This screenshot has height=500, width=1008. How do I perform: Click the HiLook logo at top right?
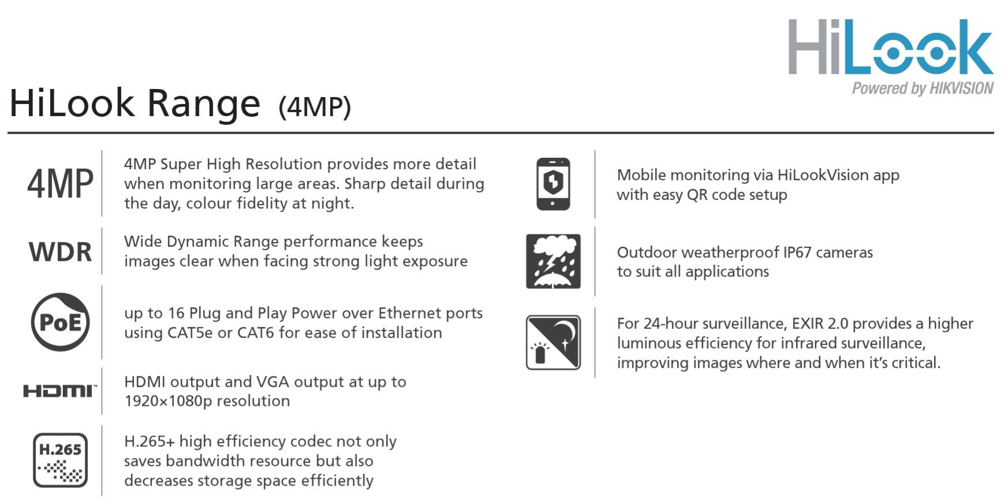pos(890,47)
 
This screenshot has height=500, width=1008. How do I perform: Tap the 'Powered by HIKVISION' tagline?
pos(923,88)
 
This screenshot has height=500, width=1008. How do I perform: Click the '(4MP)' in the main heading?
pos(315,107)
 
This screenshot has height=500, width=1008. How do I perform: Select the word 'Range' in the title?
pos(203,105)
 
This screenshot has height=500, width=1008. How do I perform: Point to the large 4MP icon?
pos(60,184)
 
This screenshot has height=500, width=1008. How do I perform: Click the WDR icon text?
pos(60,252)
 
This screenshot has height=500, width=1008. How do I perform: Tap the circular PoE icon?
pos(60,322)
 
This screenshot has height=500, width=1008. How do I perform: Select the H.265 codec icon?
pos(60,460)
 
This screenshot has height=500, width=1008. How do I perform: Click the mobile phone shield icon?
pos(553,184)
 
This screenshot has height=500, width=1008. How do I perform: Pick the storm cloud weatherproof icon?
pos(553,261)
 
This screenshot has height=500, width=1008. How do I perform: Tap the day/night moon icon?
pos(553,342)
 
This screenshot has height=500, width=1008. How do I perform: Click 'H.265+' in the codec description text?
pos(150,442)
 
